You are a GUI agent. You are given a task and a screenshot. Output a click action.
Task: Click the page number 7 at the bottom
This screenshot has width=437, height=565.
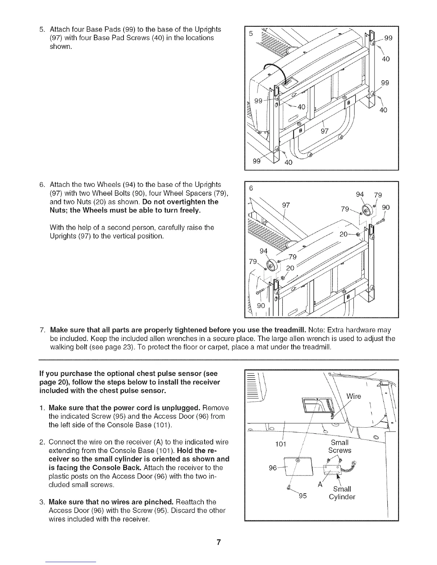click(219, 543)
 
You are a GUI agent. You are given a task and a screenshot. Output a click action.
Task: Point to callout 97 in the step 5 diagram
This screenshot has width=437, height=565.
click(324, 130)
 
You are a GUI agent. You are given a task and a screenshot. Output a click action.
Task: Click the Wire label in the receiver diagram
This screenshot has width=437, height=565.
click(354, 396)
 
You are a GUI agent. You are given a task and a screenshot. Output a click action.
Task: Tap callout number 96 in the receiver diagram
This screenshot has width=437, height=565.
click(273, 468)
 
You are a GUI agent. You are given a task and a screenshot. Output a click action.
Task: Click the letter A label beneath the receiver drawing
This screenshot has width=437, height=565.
click(320, 485)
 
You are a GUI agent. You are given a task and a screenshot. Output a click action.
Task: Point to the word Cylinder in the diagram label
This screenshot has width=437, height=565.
click(342, 497)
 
